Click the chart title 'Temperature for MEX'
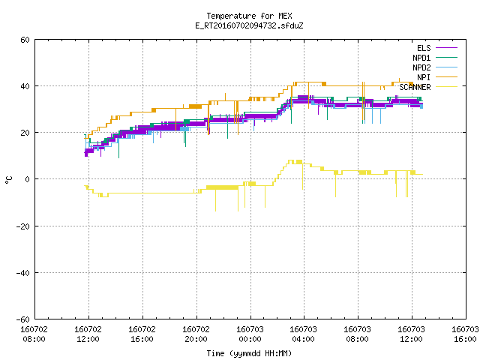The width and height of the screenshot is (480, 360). [249, 16]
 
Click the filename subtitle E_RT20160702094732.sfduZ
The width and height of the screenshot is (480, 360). [249, 25]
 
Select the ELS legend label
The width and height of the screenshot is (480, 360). [424, 48]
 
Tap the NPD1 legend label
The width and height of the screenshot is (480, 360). [421, 58]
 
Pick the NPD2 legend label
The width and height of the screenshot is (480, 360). [421, 67]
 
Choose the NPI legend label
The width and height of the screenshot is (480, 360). [424, 77]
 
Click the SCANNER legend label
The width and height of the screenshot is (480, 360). [415, 87]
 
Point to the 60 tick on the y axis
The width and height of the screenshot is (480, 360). [25, 40]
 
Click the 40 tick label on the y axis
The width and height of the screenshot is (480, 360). [25, 86]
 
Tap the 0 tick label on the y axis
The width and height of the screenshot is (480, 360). [28, 179]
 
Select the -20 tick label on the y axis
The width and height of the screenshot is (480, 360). [23, 226]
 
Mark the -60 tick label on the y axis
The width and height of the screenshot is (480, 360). [23, 319]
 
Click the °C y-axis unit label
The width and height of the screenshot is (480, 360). [8, 180]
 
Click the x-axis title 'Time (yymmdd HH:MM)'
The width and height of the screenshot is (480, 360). [249, 353]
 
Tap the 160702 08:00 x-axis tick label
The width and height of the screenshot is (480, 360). [34, 334]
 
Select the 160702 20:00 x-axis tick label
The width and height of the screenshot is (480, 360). [196, 334]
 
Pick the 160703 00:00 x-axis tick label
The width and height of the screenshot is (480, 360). [250, 334]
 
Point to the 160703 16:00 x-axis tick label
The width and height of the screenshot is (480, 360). [465, 334]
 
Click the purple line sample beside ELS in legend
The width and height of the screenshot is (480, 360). [446, 48]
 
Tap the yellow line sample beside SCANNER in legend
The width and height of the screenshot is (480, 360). [446, 87]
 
